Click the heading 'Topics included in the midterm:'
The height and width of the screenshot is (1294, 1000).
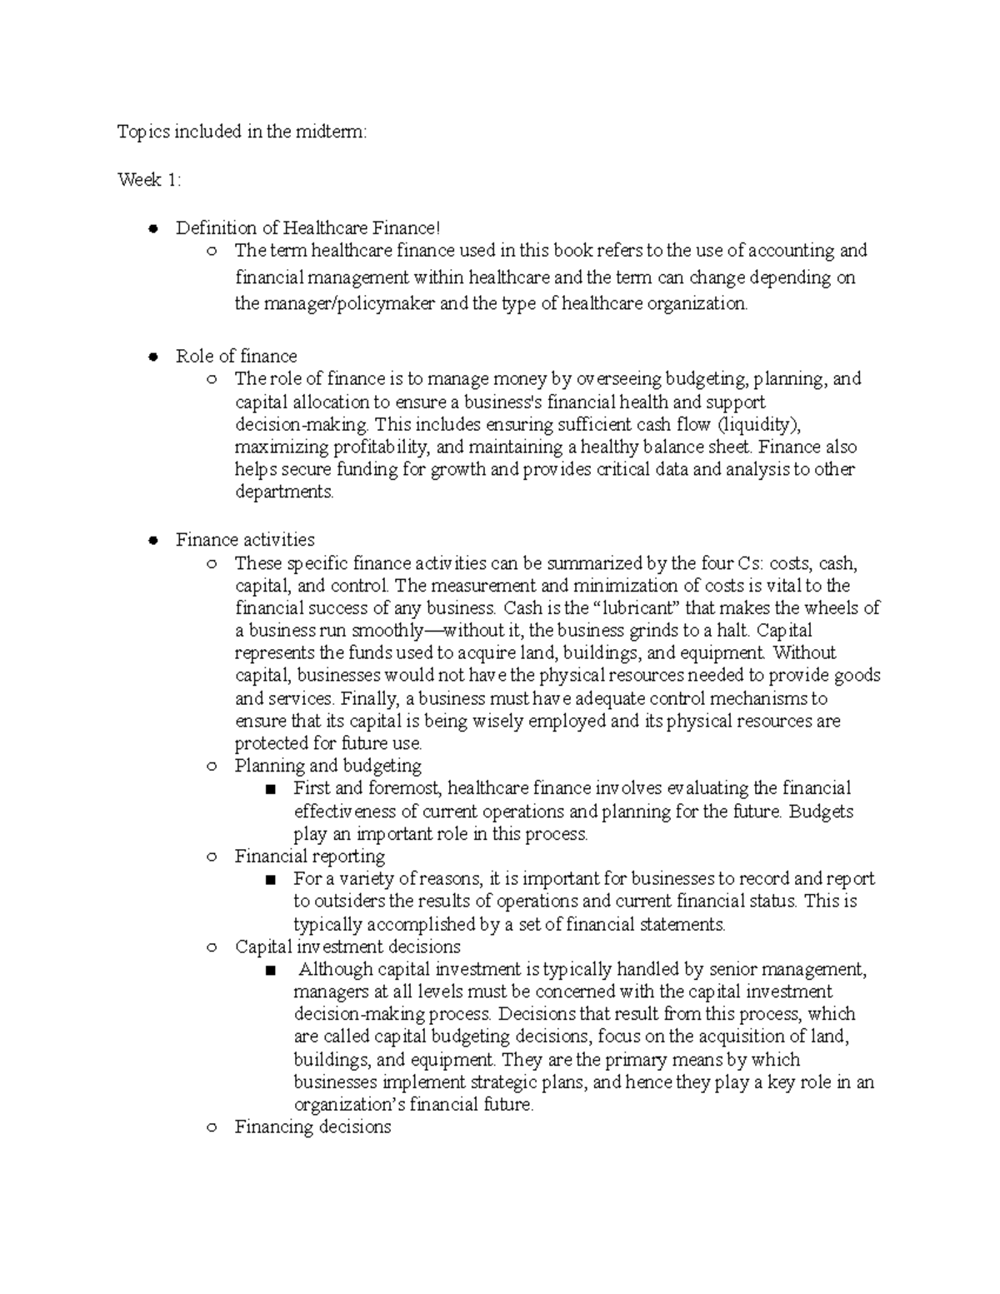coord(241,132)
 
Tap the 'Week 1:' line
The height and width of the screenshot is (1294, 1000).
coord(148,180)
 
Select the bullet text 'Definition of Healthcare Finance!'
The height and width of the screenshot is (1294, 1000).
coord(307,227)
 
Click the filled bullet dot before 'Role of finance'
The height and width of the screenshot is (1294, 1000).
coord(152,357)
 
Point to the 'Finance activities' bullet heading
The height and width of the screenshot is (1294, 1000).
coord(245,539)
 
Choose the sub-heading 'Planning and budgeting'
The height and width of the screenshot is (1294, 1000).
coord(327,765)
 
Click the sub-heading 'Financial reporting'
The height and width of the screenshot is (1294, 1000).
coord(309,856)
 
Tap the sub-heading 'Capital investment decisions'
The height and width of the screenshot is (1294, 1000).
coord(347,947)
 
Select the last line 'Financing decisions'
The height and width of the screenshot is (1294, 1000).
coord(312,1127)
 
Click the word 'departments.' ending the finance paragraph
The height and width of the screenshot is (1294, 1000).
coord(284,492)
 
